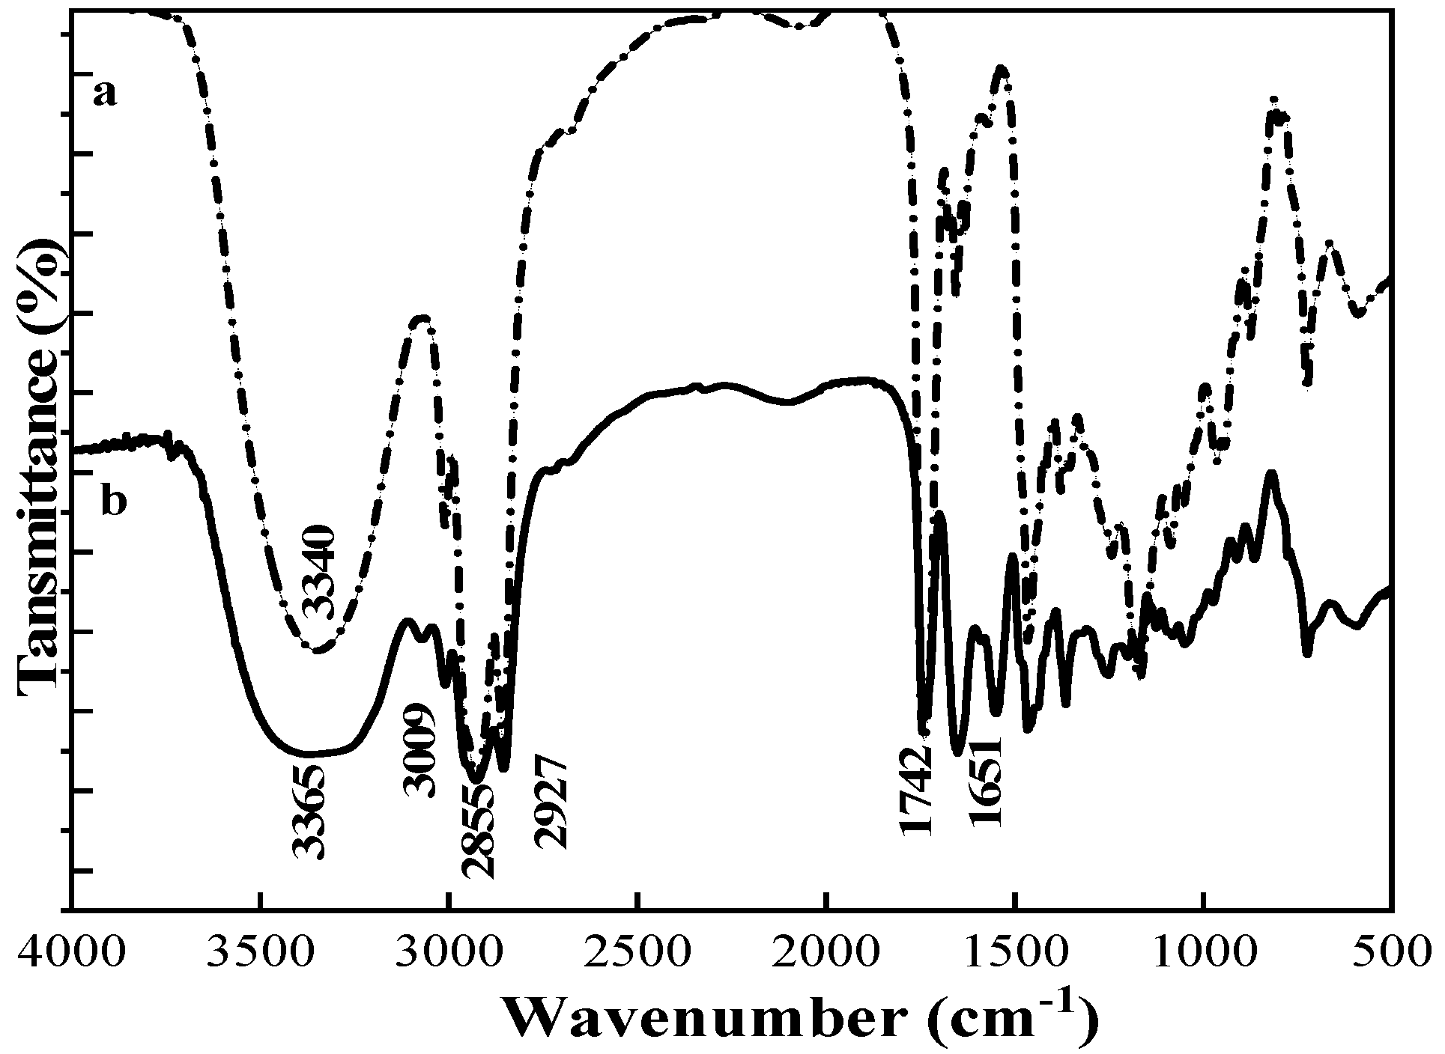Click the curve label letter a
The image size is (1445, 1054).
coord(105,96)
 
